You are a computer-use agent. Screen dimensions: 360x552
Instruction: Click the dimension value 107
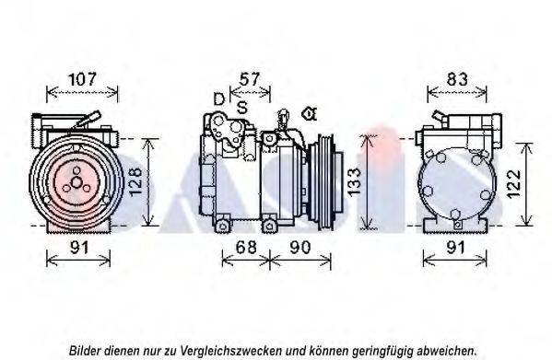tap(83, 79)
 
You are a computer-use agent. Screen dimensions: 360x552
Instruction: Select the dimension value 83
tap(456, 79)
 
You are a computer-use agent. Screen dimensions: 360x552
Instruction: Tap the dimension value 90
tap(299, 247)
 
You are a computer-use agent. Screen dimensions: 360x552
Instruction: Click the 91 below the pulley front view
tap(78, 247)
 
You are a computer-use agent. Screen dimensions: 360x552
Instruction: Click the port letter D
tap(218, 99)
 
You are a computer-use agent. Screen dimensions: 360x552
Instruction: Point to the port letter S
tap(241, 108)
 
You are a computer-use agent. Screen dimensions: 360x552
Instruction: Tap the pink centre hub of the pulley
tap(73, 185)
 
